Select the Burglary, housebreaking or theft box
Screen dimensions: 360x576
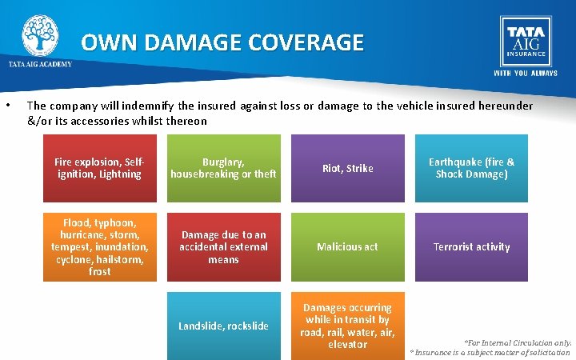223,168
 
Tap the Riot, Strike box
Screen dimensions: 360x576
348,168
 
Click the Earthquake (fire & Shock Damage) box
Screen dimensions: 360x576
472,168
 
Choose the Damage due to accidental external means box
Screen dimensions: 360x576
223,246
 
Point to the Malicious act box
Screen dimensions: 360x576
348,246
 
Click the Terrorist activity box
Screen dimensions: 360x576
472,246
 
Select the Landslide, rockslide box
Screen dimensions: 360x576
223,326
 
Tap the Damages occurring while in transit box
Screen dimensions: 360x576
348,326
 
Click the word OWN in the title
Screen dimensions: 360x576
109,42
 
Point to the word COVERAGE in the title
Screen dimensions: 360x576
306,42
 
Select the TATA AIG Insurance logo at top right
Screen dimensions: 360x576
525,40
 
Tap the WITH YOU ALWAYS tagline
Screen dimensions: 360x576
525,73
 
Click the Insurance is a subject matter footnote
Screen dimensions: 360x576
490,352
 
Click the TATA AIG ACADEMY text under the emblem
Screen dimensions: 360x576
40,64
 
